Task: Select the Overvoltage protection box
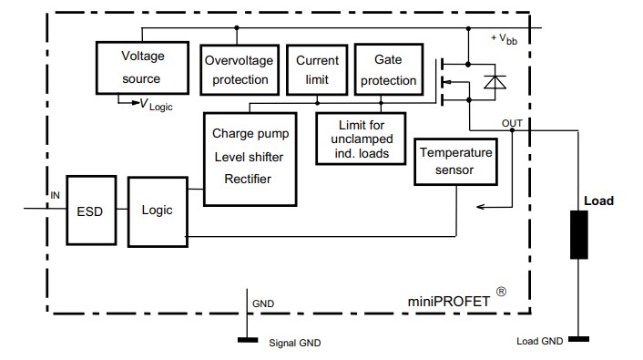click(x=236, y=69)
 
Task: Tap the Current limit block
click(x=318, y=68)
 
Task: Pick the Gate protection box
click(x=387, y=69)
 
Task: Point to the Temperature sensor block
click(x=455, y=161)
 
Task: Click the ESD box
click(x=89, y=211)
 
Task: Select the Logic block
click(x=157, y=211)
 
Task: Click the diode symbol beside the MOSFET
click(x=495, y=82)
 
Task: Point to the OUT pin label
click(x=512, y=121)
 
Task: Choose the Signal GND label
click(x=294, y=344)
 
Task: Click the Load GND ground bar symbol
click(x=578, y=340)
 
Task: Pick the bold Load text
click(x=597, y=201)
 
